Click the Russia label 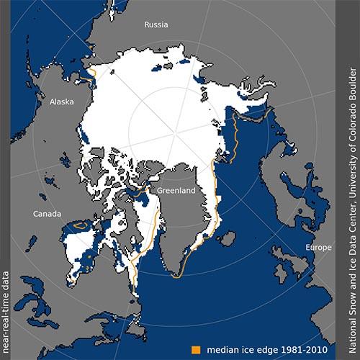(x=156, y=23)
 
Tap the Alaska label (x=61, y=102)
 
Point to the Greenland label (x=177, y=192)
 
